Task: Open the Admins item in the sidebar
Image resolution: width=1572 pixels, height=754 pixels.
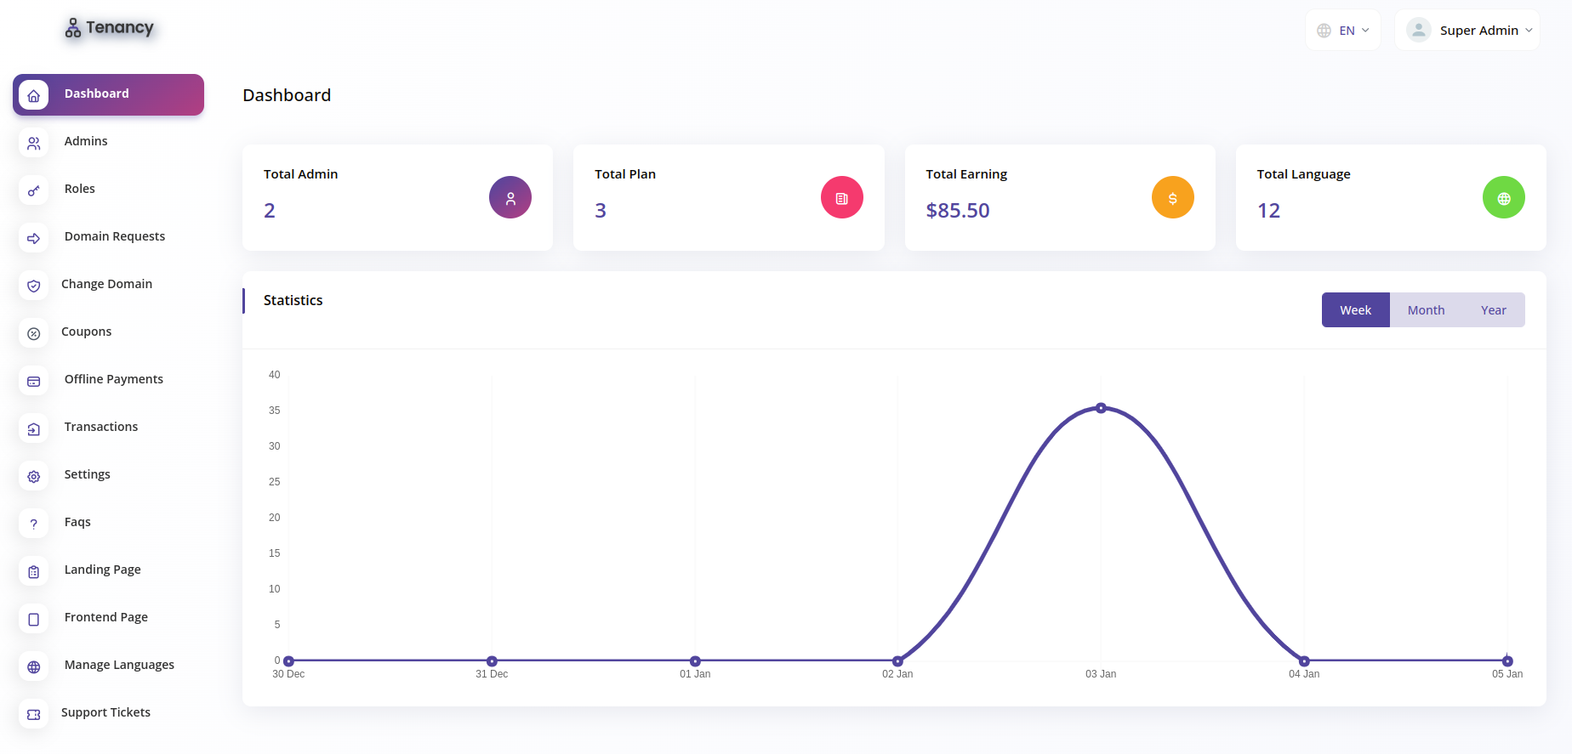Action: tap(86, 141)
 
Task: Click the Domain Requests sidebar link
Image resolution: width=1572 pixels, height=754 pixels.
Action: tap(115, 236)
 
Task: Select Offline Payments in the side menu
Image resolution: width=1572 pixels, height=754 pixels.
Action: tap(114, 379)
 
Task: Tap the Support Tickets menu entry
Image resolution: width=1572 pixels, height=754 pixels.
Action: tap(105, 712)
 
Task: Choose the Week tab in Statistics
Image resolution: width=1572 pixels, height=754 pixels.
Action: tap(1355, 310)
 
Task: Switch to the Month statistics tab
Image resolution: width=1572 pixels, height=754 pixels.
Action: tap(1426, 310)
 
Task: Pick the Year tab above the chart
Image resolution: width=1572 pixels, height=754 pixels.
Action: tap(1493, 310)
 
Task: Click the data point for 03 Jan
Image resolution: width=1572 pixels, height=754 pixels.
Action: tap(1101, 408)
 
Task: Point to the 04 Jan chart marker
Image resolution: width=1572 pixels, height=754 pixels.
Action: tap(1304, 660)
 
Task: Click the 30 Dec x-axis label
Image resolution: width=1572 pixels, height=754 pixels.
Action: tap(288, 674)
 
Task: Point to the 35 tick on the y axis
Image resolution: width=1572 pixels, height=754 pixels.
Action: tap(274, 410)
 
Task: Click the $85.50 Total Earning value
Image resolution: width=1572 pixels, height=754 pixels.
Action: tap(958, 211)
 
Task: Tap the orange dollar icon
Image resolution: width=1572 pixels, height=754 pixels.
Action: tap(1173, 197)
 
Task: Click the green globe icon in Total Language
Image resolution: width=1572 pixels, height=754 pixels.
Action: tap(1504, 197)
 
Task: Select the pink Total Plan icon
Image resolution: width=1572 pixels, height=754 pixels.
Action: tap(842, 197)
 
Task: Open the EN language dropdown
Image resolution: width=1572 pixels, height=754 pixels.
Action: tap(1343, 31)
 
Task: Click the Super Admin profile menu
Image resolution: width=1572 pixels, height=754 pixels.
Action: tap(1467, 31)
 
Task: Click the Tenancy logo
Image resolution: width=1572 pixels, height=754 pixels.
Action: tap(110, 28)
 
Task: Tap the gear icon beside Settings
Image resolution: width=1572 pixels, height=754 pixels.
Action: tap(34, 476)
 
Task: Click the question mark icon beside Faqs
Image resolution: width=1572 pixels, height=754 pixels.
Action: tap(34, 524)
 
